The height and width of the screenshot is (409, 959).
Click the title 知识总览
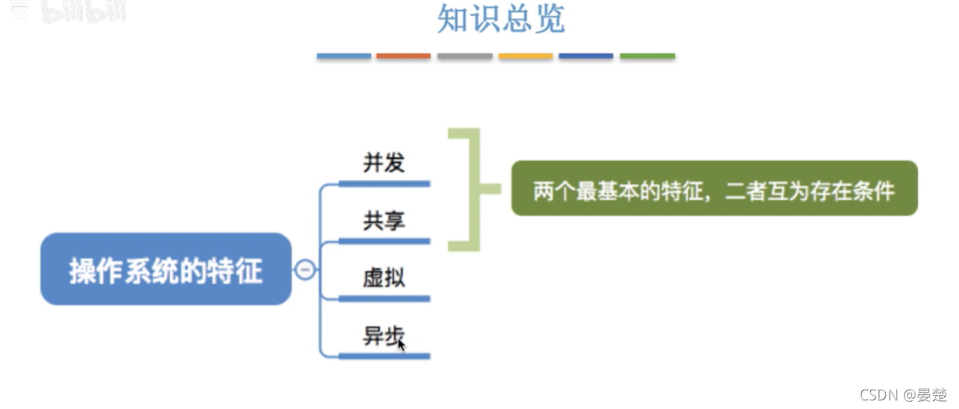(501, 20)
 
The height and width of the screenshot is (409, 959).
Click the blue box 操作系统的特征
(166, 270)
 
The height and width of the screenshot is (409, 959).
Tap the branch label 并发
(384, 163)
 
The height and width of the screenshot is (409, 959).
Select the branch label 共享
(384, 220)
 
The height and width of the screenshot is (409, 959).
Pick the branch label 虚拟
(384, 277)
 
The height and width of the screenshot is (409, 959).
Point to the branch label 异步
(382, 335)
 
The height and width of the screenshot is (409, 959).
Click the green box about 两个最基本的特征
(714, 189)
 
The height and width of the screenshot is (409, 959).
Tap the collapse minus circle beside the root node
(305, 270)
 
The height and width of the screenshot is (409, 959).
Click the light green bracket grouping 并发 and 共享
(471, 189)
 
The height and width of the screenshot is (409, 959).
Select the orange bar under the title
(404, 56)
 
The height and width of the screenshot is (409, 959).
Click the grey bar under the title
(464, 56)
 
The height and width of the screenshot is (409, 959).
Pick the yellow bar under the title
(525, 56)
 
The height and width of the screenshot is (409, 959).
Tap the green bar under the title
(647, 56)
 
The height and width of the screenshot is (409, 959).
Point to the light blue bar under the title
(344, 56)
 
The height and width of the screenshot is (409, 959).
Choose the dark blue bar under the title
(586, 56)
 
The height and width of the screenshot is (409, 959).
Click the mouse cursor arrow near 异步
(401, 344)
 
